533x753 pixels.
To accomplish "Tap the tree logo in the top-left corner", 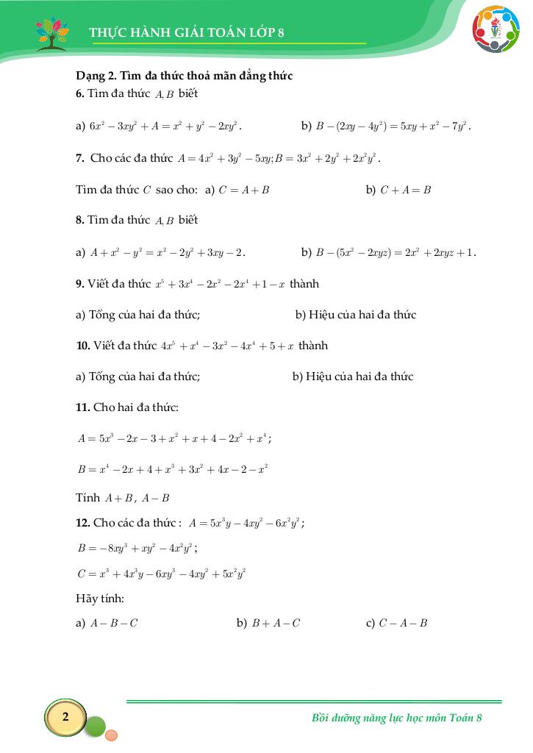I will click(x=51, y=32).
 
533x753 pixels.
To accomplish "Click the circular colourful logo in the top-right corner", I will click(x=495, y=29).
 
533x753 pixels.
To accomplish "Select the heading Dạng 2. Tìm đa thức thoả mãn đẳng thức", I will click(x=185, y=76).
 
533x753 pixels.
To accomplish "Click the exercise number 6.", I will click(x=80, y=94).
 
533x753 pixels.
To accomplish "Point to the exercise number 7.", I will click(x=80, y=158).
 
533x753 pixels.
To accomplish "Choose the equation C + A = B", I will click(x=405, y=190).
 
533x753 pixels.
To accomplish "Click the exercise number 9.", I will click(x=80, y=283).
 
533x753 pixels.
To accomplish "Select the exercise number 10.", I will click(x=82, y=345).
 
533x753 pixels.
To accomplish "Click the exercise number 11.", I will click(x=82, y=407).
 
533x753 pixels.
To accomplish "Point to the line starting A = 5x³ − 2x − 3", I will click(x=174, y=438).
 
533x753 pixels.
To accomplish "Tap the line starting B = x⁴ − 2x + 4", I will click(x=172, y=468).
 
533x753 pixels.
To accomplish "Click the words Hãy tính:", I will click(x=100, y=598).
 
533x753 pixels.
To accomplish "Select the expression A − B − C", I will click(x=113, y=624).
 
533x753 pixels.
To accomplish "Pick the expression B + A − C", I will click(x=276, y=624).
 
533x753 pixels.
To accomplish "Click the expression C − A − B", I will click(x=403, y=624).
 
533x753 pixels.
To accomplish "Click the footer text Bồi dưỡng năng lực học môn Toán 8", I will click(x=397, y=718).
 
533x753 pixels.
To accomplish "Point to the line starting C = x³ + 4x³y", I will click(x=161, y=573).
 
